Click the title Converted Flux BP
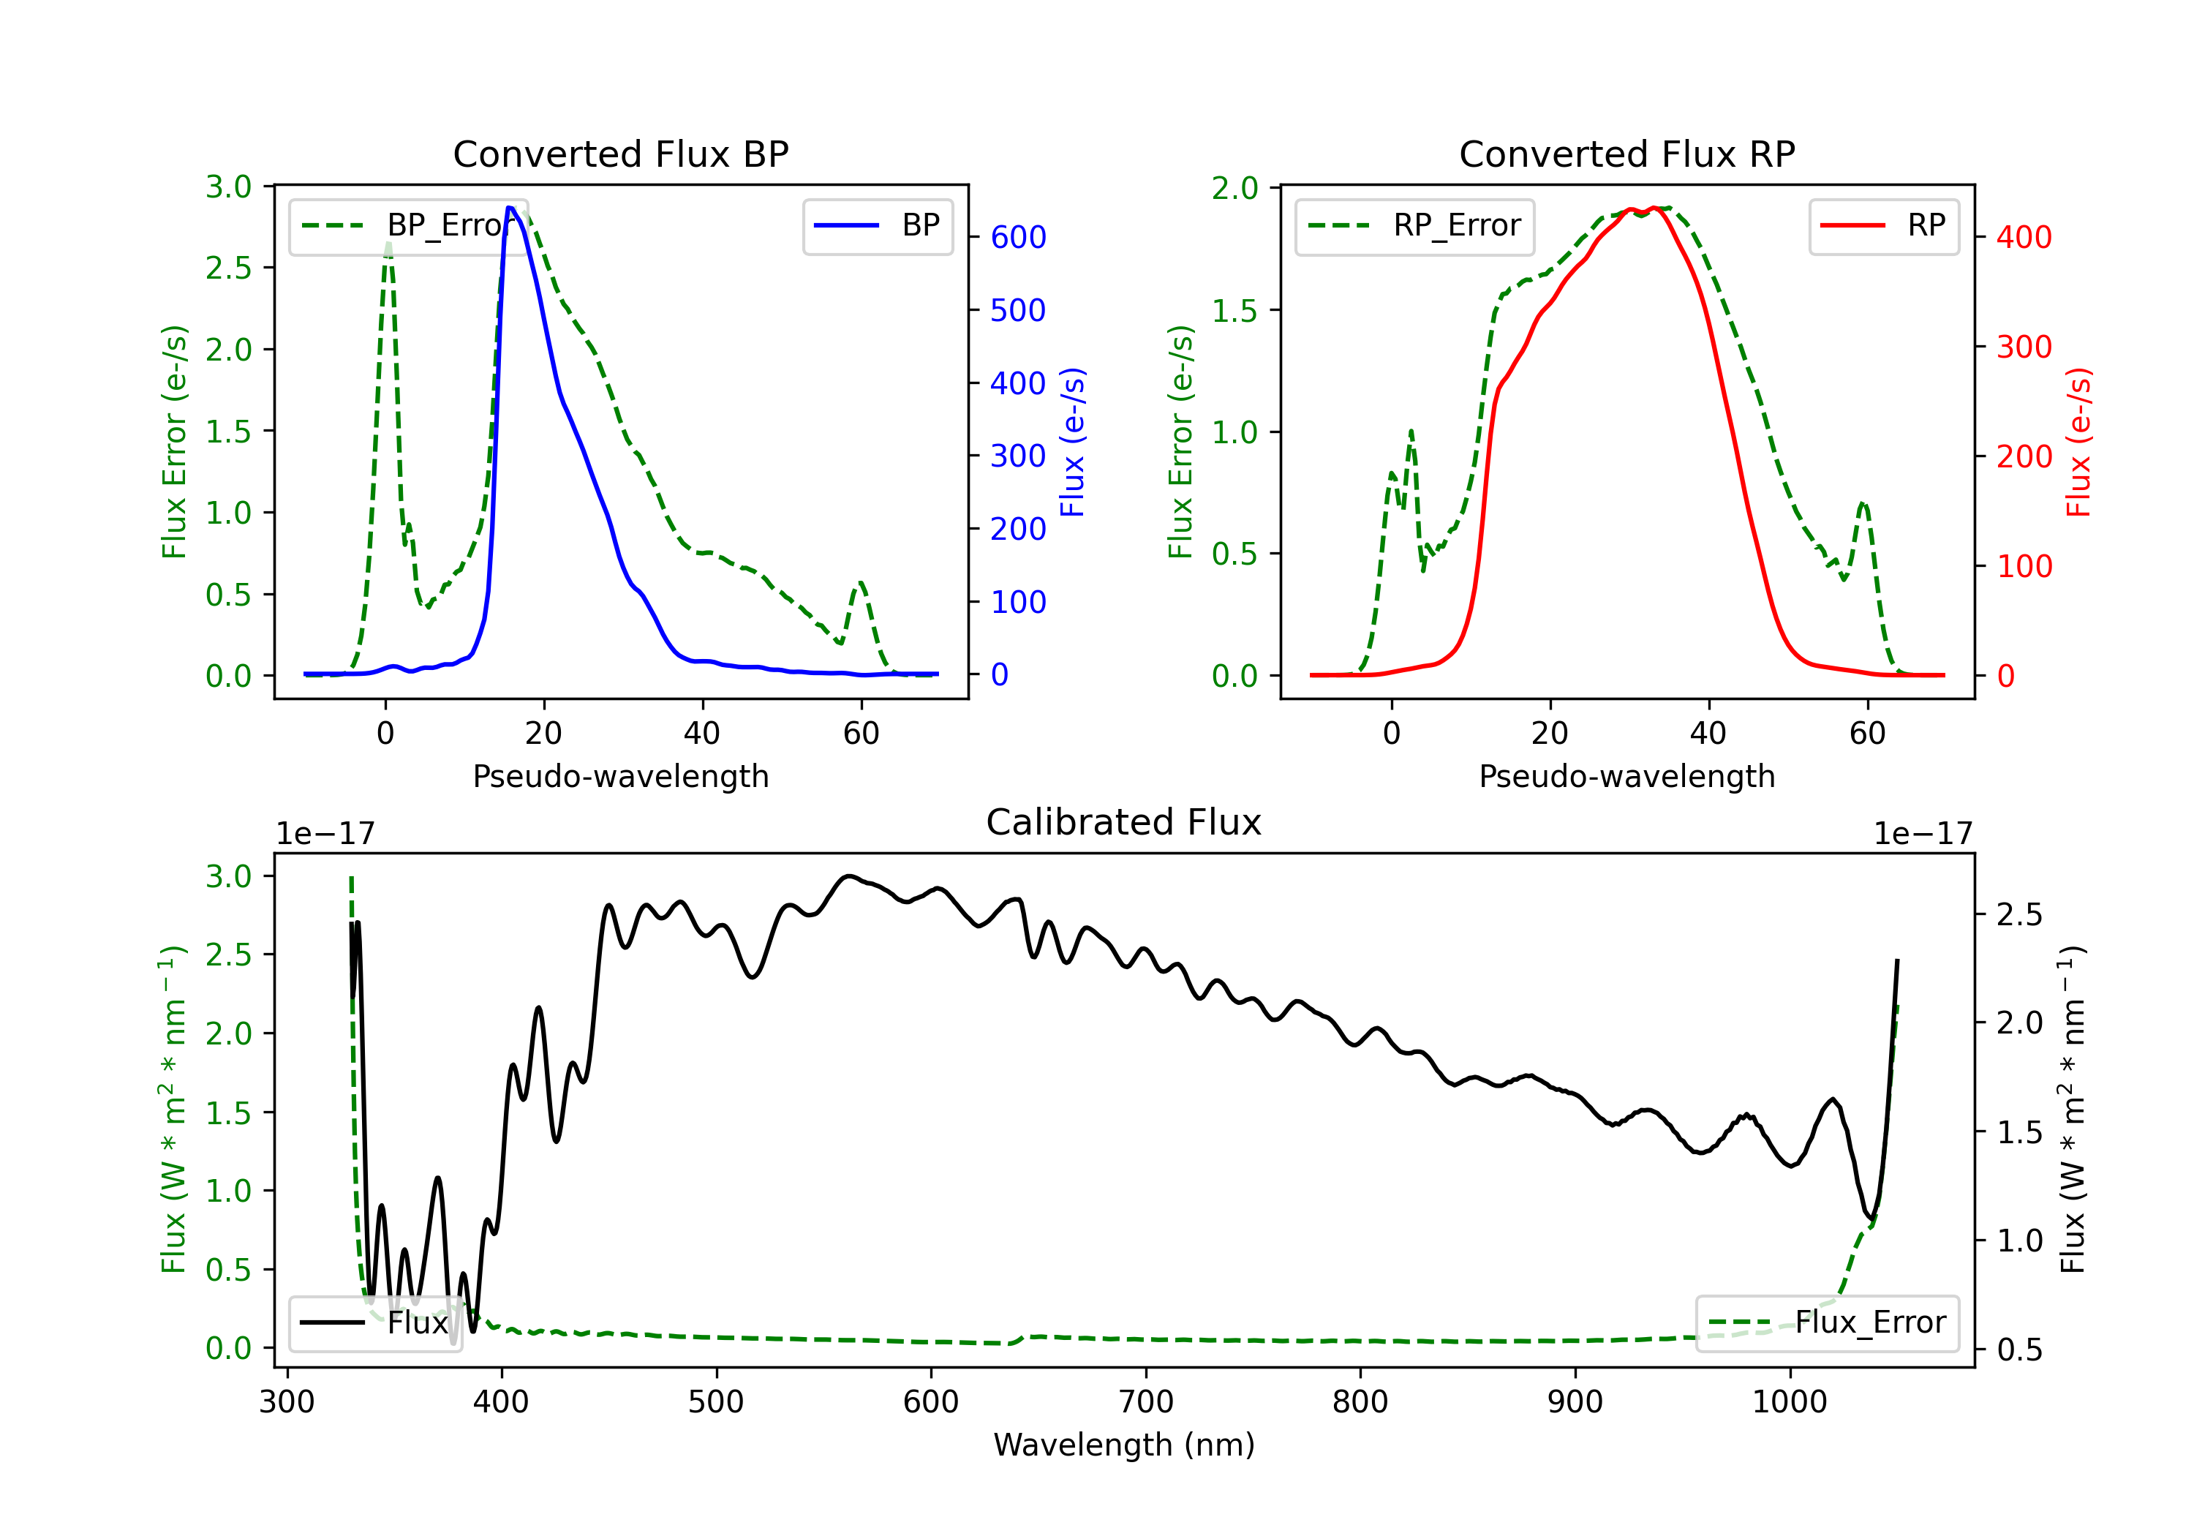(620, 154)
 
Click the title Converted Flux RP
(1626, 154)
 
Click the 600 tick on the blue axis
(1018, 237)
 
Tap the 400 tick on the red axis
(2023, 237)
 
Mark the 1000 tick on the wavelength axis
(1789, 1402)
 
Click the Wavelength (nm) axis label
(1124, 1445)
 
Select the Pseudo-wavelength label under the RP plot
(1626, 776)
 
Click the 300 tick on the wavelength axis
(287, 1402)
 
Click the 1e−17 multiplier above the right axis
(1923, 834)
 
